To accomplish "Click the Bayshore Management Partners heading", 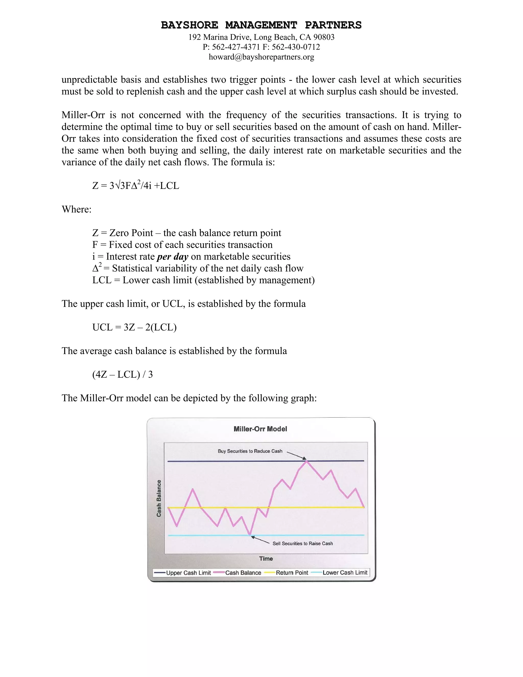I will pyautogui.click(x=261, y=25).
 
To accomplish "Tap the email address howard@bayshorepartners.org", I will pyautogui.click(x=261, y=57).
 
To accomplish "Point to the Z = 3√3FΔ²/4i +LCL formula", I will pyautogui.click(x=136, y=186).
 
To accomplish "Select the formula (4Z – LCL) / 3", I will pyautogui.click(x=122, y=375).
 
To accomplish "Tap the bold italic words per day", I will pyautogui.click(x=173, y=257).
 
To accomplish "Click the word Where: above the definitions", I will pyautogui.click(x=77, y=209).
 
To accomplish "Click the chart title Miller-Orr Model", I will pyautogui.click(x=260, y=429).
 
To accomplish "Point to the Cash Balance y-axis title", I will pyautogui.click(x=159, y=498).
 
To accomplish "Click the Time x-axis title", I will pyautogui.click(x=266, y=558).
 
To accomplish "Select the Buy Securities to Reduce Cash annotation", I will pyautogui.click(x=250, y=451).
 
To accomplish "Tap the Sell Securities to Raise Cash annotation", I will pyautogui.click(x=302, y=543).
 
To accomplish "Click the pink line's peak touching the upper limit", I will pyautogui.click(x=307, y=461).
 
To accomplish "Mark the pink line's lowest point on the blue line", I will pyautogui.click(x=250, y=535).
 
